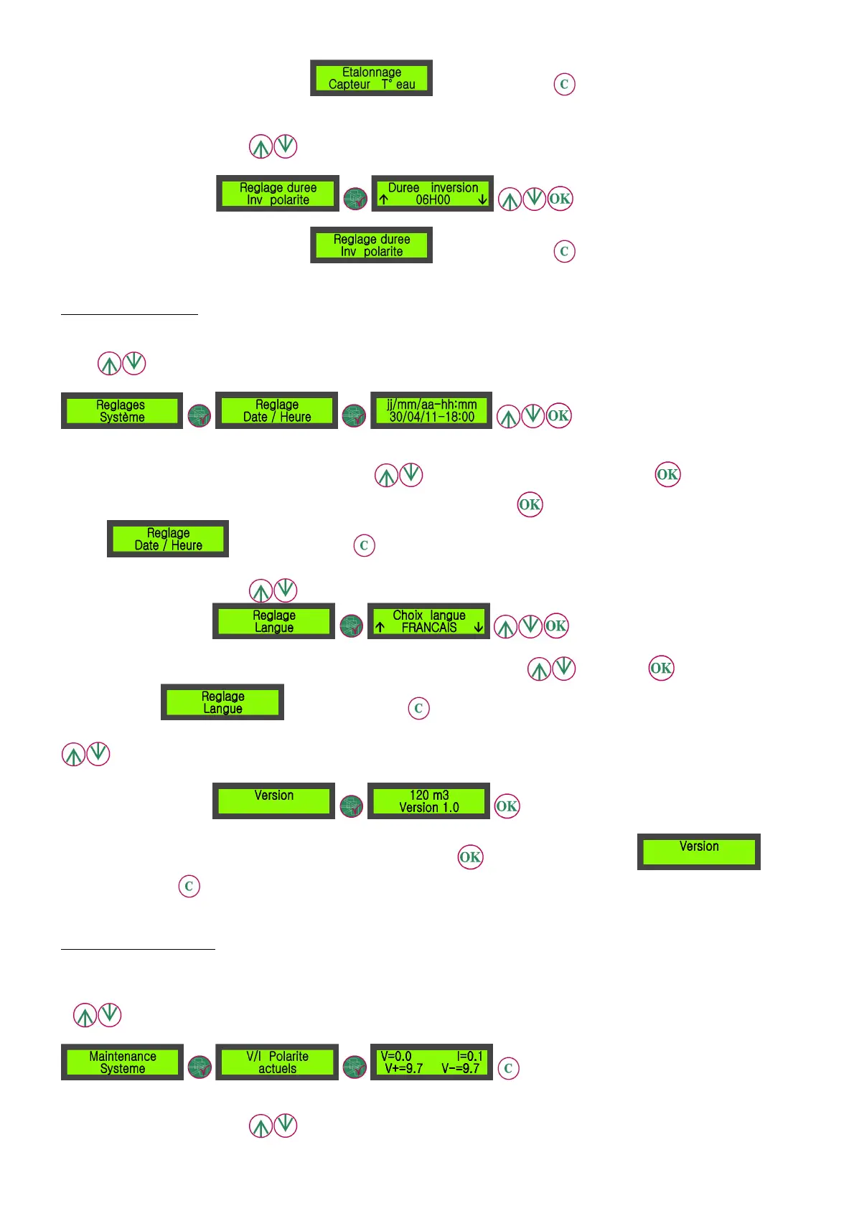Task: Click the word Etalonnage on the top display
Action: click(x=371, y=72)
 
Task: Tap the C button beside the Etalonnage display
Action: click(x=564, y=85)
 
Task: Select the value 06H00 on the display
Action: click(x=433, y=200)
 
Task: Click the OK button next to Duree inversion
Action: click(x=560, y=199)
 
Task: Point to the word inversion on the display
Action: click(x=454, y=188)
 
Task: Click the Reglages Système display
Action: click(x=122, y=411)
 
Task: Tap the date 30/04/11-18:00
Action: click(x=431, y=417)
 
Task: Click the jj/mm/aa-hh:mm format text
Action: click(x=431, y=405)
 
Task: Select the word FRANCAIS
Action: click(x=429, y=628)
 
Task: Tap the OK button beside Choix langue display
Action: click(x=555, y=626)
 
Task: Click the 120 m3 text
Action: click(x=429, y=795)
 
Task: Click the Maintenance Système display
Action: click(x=122, y=1062)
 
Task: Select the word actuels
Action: click(x=277, y=1069)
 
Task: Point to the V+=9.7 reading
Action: click(x=404, y=1069)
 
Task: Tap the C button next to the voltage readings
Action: click(x=508, y=1068)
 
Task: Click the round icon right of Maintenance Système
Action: click(x=200, y=1067)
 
